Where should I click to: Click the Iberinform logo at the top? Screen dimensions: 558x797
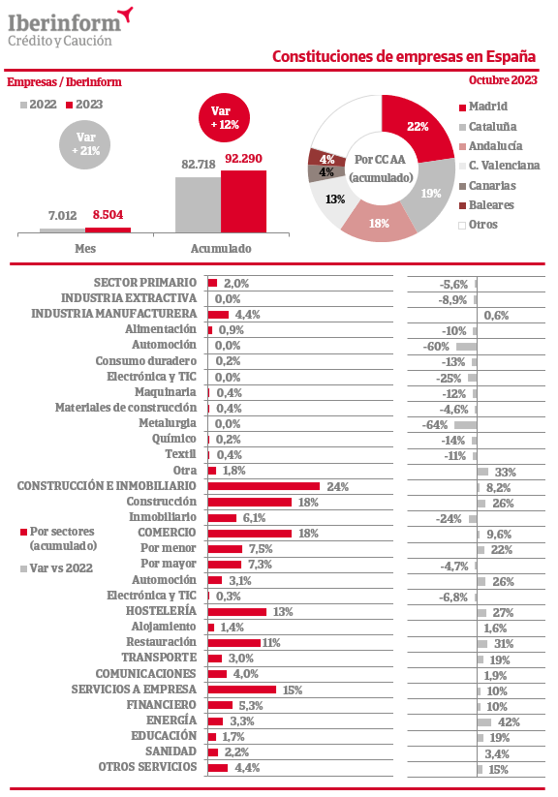pos(70,27)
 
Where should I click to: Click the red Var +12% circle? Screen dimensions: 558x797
pos(225,117)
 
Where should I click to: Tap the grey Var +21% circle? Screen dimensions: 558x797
pos(85,144)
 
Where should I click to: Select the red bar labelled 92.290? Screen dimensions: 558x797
pos(244,201)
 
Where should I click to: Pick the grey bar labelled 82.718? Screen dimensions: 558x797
pos(199,205)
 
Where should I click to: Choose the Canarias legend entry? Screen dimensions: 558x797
pos(487,186)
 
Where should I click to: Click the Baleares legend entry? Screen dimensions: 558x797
pos(486,205)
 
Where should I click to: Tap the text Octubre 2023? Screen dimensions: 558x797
pos(503,79)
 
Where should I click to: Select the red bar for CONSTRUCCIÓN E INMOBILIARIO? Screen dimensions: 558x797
pos(264,486)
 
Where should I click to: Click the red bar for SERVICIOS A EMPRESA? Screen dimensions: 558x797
pos(242,690)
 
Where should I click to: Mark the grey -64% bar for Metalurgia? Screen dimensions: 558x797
pos(465,424)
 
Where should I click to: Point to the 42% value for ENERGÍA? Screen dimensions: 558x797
pos(509,721)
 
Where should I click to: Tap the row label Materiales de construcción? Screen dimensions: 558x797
pos(126,408)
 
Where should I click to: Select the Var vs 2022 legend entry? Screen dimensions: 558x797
pos(56,568)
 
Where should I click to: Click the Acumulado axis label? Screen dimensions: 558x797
pos(221,249)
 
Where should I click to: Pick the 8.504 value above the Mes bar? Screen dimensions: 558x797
pos(108,215)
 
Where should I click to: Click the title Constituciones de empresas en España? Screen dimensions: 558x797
pos(404,56)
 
